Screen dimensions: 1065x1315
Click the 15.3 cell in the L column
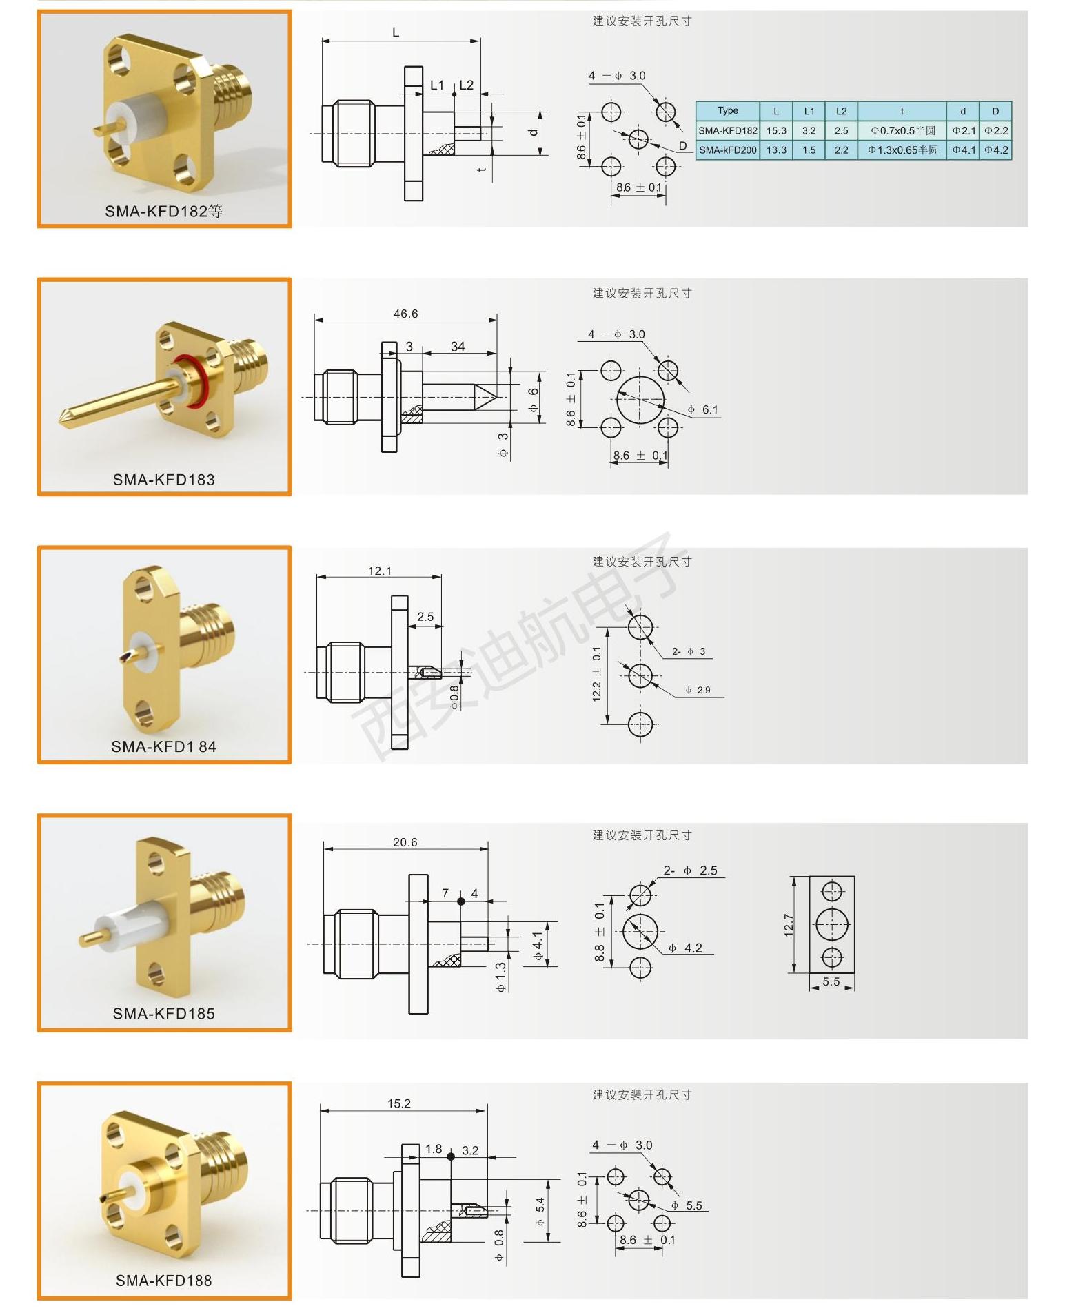click(x=776, y=130)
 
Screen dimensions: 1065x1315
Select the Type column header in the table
click(x=727, y=110)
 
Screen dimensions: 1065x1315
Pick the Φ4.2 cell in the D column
click(x=996, y=150)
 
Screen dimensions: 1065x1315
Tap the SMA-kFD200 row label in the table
click(x=728, y=150)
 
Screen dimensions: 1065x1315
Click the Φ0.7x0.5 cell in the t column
click(x=902, y=130)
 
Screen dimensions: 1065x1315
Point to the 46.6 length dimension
click(x=405, y=314)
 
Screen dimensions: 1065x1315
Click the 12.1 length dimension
click(x=379, y=571)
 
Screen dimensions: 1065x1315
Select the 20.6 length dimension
click(x=405, y=842)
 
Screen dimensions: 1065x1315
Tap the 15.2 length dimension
click(x=398, y=1103)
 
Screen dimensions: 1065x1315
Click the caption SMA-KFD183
click(x=164, y=480)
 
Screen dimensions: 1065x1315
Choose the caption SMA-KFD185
click(x=164, y=1014)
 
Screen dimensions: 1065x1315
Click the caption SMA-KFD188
click(x=164, y=1281)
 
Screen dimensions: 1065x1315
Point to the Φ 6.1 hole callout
click(x=702, y=410)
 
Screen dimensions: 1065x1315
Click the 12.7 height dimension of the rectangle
click(x=789, y=925)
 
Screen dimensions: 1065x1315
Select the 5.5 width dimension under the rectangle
click(x=831, y=981)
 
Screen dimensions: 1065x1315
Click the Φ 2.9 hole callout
click(x=698, y=690)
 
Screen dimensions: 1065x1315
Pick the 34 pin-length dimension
click(x=458, y=347)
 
